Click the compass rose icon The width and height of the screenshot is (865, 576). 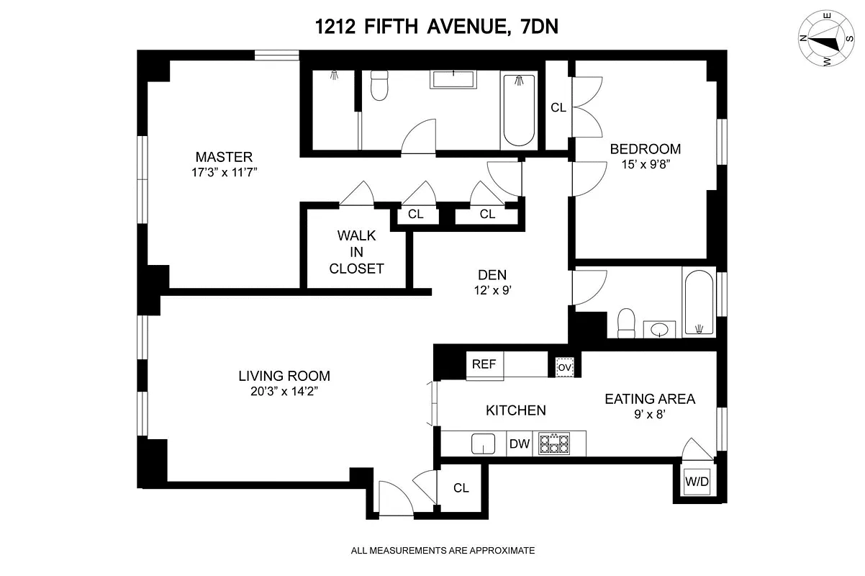pos(826,39)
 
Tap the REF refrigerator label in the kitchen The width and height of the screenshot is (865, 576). pos(484,364)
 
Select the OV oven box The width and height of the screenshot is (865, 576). pos(565,367)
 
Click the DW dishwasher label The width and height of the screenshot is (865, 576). pos(520,444)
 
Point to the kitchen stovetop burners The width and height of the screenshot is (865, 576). pos(554,444)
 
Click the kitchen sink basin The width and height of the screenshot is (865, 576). pos(483,444)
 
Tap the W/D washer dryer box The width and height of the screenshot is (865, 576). pos(697,482)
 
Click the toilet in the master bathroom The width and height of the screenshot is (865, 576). pos(379,86)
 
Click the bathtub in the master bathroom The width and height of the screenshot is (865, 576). pos(519,110)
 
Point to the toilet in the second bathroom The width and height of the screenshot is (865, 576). pos(626,323)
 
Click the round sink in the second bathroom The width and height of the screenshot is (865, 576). pos(659,330)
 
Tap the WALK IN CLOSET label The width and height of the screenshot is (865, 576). pos(356,252)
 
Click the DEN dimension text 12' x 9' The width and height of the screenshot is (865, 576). pos(493,290)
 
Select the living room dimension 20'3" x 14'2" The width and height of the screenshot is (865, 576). pos(284,392)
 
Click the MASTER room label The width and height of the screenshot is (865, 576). pos(224,157)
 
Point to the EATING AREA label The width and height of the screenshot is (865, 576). pos(650,399)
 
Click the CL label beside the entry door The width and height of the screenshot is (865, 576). pos(461,488)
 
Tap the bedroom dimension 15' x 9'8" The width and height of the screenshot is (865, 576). pos(646,164)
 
